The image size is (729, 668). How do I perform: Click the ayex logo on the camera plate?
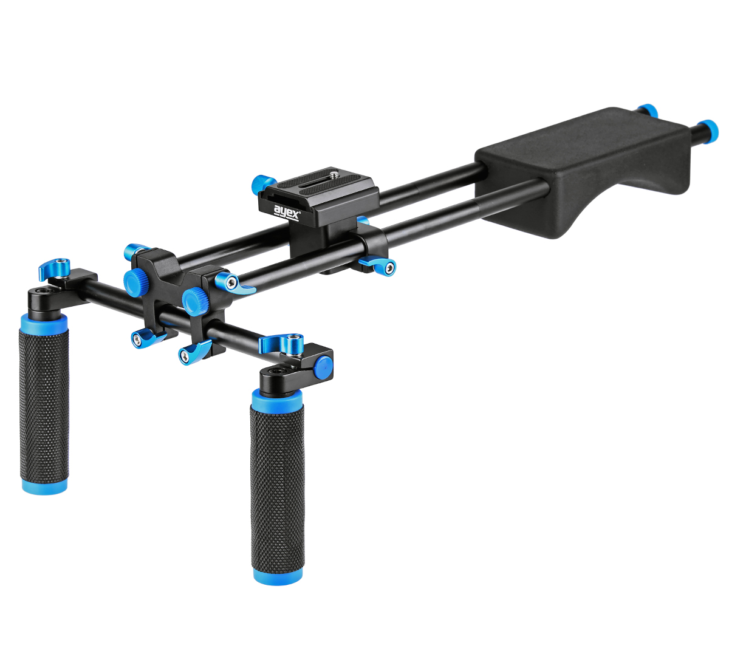[x=287, y=213]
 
